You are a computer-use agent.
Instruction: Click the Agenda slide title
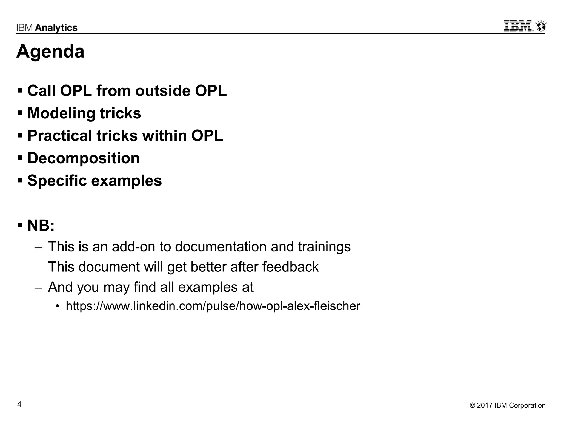click(50, 52)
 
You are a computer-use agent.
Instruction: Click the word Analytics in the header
click(56, 28)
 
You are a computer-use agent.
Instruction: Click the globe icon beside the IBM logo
click(541, 26)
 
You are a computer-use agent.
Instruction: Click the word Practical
click(59, 136)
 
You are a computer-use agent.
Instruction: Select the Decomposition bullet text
click(84, 158)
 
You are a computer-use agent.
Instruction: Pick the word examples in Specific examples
click(126, 181)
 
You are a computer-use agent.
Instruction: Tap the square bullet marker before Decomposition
click(20, 158)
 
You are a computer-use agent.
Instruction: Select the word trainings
click(324, 247)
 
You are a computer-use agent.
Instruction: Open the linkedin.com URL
click(213, 306)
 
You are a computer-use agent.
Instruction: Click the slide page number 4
click(19, 404)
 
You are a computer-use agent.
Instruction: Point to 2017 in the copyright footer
click(485, 405)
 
